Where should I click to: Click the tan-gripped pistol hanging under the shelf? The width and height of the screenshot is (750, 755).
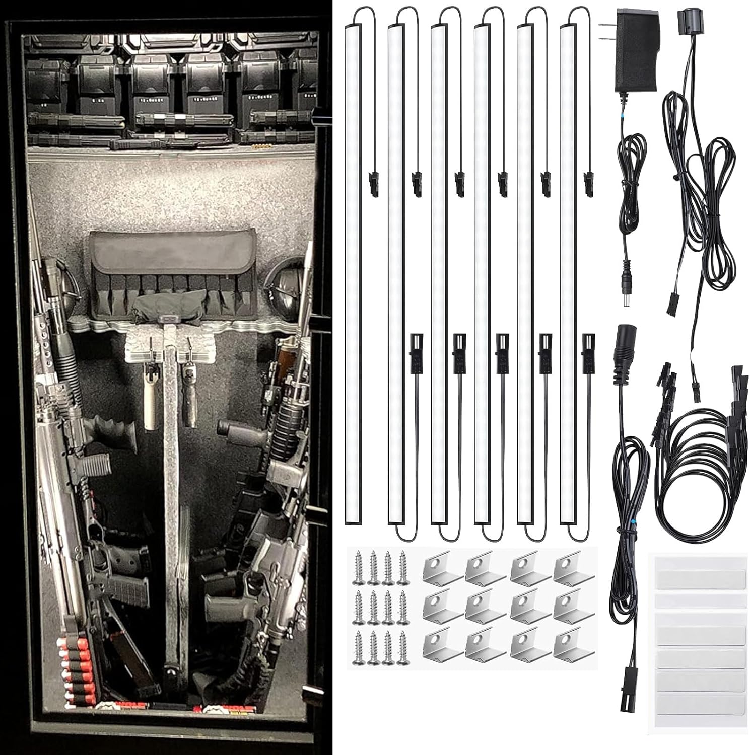[x=150, y=398]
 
